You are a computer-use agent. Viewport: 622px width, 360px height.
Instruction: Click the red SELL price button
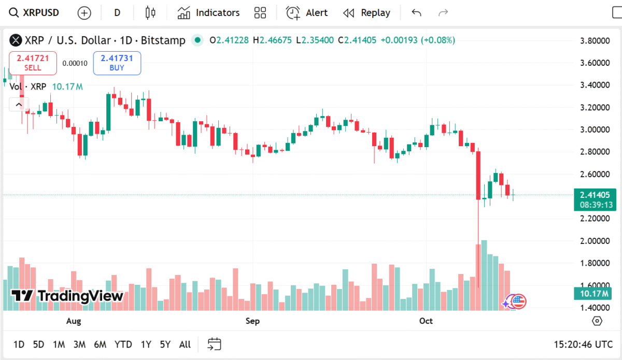point(33,63)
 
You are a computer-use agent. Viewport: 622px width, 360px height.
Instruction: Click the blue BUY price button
point(117,63)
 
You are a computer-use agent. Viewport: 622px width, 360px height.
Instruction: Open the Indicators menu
point(208,13)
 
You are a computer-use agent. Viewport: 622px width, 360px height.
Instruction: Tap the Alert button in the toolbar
point(307,13)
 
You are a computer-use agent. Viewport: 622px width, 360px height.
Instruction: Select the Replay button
point(366,13)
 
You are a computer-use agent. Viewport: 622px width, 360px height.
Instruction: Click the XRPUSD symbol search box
point(35,13)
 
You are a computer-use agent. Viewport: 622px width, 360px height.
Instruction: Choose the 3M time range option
point(79,344)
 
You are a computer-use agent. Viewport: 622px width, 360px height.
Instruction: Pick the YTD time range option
point(123,344)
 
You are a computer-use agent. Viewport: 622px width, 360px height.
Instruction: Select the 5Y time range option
point(165,344)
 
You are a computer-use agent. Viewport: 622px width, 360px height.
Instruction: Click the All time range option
point(185,344)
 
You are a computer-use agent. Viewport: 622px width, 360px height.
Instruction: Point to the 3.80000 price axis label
point(595,40)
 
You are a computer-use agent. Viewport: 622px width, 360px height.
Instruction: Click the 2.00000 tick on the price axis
point(595,241)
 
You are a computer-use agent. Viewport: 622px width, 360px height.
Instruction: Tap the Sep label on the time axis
point(252,321)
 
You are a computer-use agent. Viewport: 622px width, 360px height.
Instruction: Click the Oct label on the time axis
point(426,321)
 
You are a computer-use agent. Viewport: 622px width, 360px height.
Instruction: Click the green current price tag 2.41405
point(595,195)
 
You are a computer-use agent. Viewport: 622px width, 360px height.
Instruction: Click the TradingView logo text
point(68,296)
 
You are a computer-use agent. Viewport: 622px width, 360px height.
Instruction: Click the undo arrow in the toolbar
point(416,13)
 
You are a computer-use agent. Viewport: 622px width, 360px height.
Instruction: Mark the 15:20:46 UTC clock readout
point(583,344)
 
